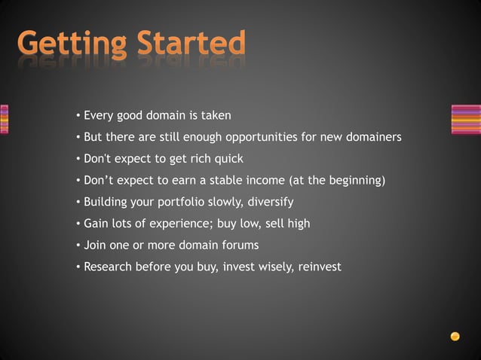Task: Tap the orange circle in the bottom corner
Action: [x=455, y=337]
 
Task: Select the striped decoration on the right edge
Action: [x=465, y=119]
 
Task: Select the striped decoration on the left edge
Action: [x=4, y=119]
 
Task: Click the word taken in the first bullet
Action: [x=216, y=115]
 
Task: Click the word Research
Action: [x=107, y=267]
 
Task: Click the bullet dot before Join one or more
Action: [x=78, y=246]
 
